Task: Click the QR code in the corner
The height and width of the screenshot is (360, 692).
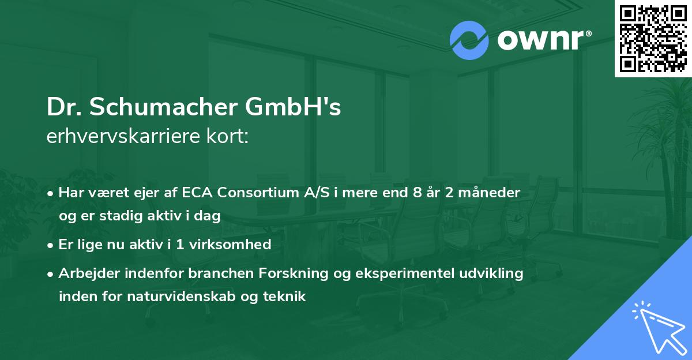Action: pyautogui.click(x=653, y=38)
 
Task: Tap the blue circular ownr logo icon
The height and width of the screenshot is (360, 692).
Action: pyautogui.click(x=469, y=40)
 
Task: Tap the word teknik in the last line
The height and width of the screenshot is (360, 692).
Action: pyautogui.click(x=285, y=297)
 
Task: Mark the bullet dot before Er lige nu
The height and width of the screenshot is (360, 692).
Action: pyautogui.click(x=51, y=245)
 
